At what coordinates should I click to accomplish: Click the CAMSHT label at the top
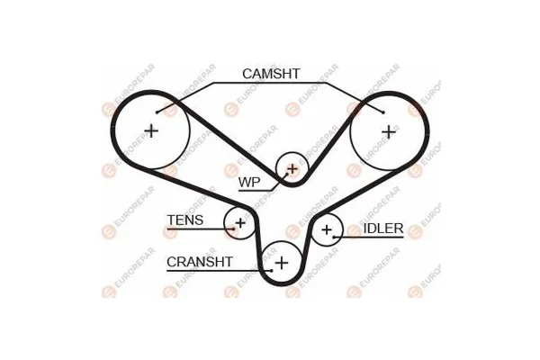pyautogui.click(x=270, y=74)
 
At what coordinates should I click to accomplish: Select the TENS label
pyautogui.click(x=184, y=220)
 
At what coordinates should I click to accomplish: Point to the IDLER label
pyautogui.click(x=383, y=229)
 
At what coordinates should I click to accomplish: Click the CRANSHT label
pyautogui.click(x=200, y=262)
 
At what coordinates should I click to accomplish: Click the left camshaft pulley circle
pyautogui.click(x=150, y=131)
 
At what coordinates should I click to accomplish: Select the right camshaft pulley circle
pyautogui.click(x=388, y=131)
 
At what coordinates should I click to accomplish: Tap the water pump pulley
pyautogui.click(x=292, y=167)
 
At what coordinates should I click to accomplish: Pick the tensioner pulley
pyautogui.click(x=240, y=222)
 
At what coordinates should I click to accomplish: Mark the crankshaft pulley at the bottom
pyautogui.click(x=282, y=262)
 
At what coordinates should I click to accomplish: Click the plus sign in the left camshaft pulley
pyautogui.click(x=150, y=131)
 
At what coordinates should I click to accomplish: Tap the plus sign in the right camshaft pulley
pyautogui.click(x=388, y=131)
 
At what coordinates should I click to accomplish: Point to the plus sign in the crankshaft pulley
pyautogui.click(x=282, y=262)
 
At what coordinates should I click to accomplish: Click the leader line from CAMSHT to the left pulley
pyautogui.click(x=187, y=97)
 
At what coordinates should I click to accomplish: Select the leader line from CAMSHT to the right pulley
pyautogui.click(x=354, y=97)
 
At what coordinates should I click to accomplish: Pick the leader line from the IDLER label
pyautogui.click(x=349, y=237)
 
